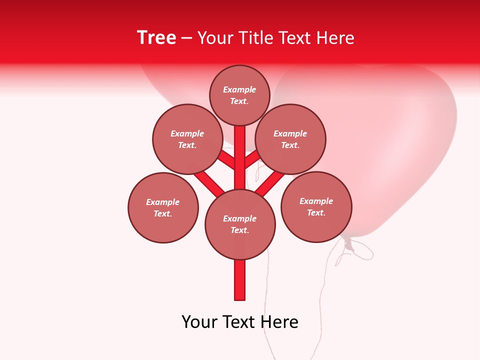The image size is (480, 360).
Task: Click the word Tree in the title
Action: (x=156, y=38)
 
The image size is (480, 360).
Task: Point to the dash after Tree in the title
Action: (x=186, y=38)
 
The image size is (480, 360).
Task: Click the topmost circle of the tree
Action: (x=239, y=95)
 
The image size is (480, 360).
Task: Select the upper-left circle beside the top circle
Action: (x=187, y=139)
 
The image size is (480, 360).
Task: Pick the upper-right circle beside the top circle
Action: (x=290, y=139)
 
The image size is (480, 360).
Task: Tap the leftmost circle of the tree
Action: (x=163, y=207)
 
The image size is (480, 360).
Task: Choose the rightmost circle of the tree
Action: (x=316, y=206)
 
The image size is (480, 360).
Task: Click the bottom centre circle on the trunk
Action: (x=240, y=224)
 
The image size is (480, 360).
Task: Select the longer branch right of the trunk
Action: (x=270, y=182)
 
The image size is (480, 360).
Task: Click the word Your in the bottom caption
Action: (x=200, y=322)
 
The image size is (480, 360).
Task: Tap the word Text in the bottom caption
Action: (x=239, y=322)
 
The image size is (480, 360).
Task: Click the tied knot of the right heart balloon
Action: (x=348, y=244)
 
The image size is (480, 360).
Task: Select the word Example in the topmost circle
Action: (x=239, y=90)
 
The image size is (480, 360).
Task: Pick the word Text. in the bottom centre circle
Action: (x=240, y=230)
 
